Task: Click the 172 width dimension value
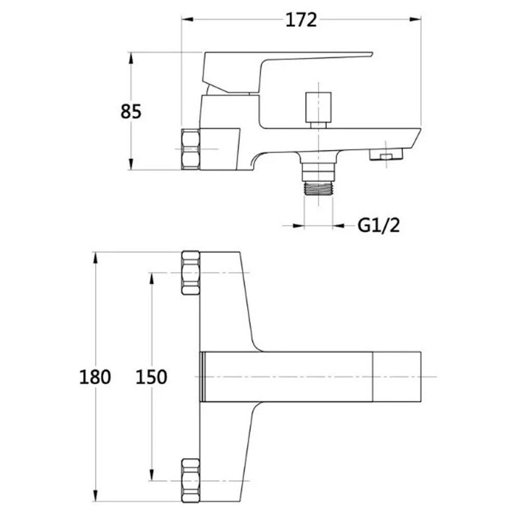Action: [x=301, y=20]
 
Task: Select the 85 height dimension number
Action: [x=131, y=111]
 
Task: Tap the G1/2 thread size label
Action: [x=379, y=225]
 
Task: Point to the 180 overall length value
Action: [x=95, y=377]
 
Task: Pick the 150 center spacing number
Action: [x=151, y=377]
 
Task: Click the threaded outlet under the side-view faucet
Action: [x=318, y=189]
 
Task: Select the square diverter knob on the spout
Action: [x=319, y=107]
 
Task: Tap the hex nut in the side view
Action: [x=190, y=149]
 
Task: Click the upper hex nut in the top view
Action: [x=190, y=273]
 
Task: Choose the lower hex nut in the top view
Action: [x=190, y=480]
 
